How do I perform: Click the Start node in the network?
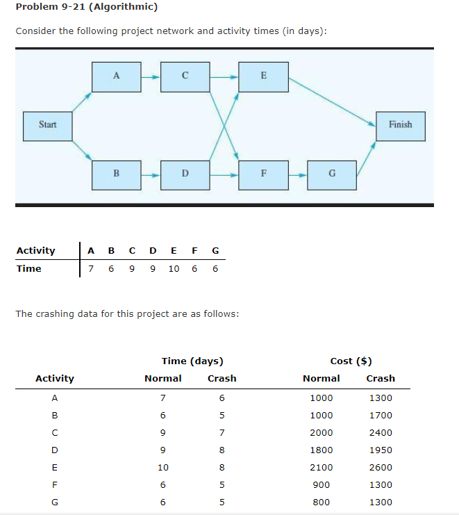(48, 125)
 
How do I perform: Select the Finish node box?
(400, 125)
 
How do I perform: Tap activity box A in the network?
(116, 76)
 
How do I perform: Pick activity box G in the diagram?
(332, 174)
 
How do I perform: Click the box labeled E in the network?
(263, 76)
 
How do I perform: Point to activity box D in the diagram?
(185, 174)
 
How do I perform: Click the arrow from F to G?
(298, 174)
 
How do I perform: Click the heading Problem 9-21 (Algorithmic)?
(86, 8)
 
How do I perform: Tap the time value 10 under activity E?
(174, 268)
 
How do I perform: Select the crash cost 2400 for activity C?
(381, 432)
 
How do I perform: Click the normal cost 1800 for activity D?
(321, 450)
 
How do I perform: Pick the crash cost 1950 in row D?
(381, 450)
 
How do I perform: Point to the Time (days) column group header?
(192, 361)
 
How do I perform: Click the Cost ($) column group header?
(351, 361)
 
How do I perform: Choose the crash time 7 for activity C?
(222, 432)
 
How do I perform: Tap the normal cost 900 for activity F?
(321, 484)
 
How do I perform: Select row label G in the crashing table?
(54, 502)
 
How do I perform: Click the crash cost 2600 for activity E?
(381, 467)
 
